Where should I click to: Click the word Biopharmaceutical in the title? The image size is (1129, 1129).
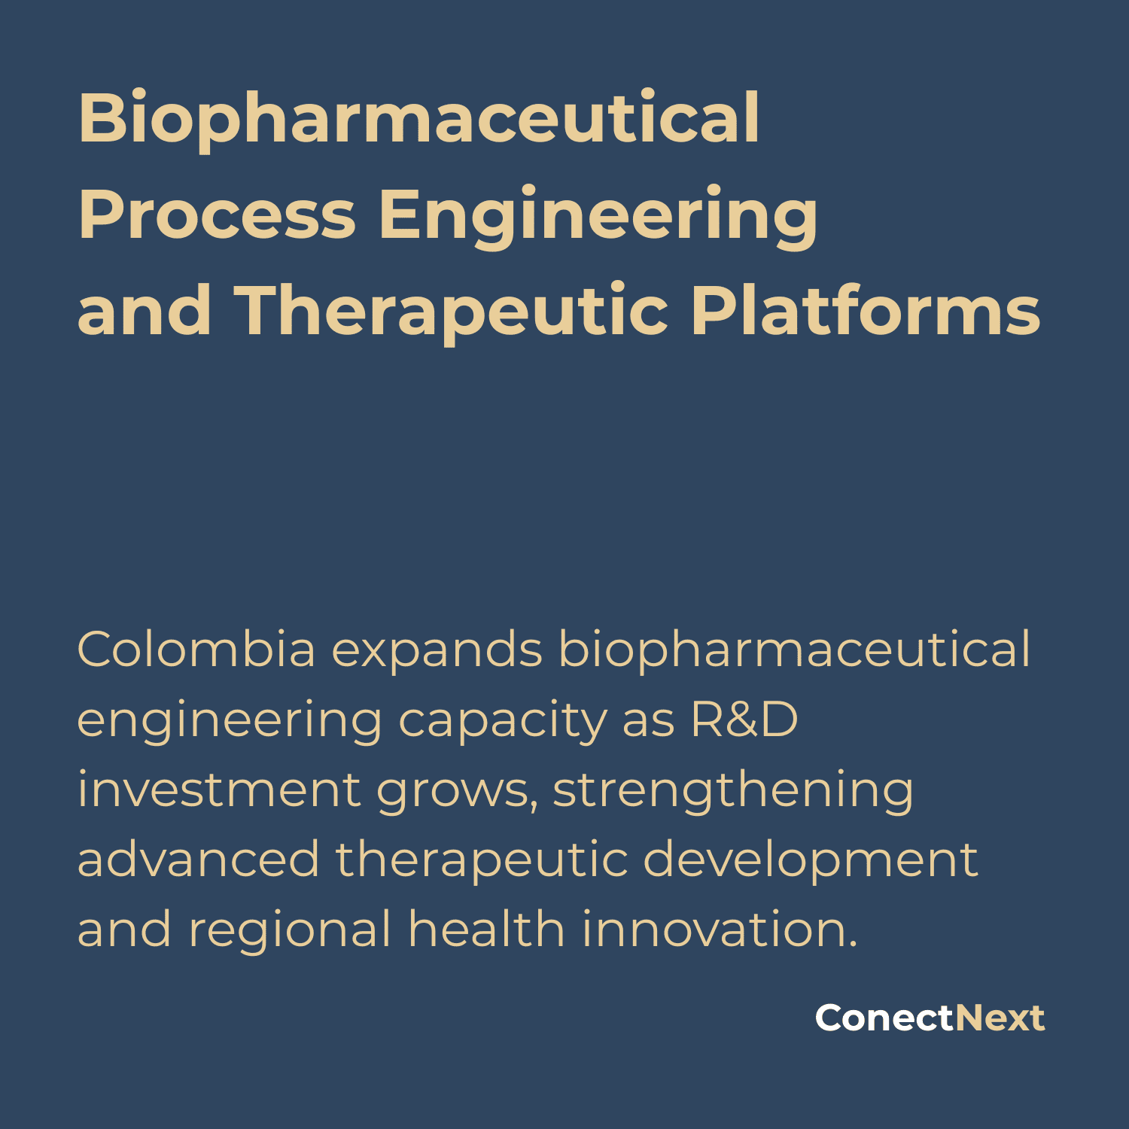click(x=418, y=119)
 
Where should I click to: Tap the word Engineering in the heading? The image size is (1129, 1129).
click(x=598, y=216)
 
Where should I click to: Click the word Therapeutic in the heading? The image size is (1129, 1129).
click(x=452, y=312)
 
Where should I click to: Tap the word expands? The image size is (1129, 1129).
click(x=437, y=650)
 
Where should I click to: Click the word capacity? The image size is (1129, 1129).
click(x=502, y=721)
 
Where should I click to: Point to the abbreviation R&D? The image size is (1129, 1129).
click(x=744, y=720)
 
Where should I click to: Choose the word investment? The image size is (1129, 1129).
click(x=219, y=790)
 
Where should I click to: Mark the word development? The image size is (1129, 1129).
click(x=810, y=861)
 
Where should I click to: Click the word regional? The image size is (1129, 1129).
click(x=290, y=930)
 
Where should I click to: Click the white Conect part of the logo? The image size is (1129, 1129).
click(x=884, y=1018)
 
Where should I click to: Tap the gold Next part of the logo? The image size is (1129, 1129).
click(x=1000, y=1018)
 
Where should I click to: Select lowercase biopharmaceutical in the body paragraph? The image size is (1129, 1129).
click(x=794, y=650)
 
